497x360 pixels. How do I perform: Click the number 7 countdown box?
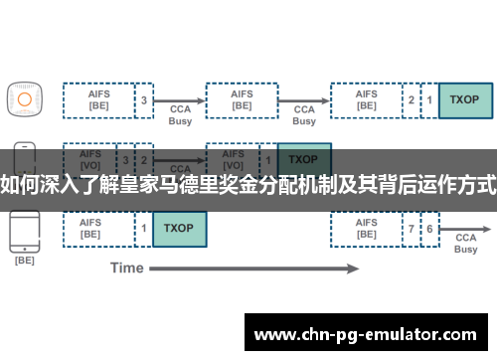coord(411,229)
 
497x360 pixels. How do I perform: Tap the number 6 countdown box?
coord(429,229)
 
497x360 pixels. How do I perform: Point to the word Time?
coord(126,268)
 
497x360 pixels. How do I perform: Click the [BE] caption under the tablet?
coord(24,260)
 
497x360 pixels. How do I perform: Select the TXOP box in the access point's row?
coord(464,99)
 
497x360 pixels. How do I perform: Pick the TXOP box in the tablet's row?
coord(179,229)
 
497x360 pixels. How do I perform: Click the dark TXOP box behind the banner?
coord(304,159)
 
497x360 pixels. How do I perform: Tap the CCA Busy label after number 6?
coord(465,244)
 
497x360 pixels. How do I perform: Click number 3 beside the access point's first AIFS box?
coord(144,99)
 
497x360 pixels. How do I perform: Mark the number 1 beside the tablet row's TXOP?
coord(144,229)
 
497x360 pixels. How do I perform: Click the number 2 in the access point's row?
coord(411,99)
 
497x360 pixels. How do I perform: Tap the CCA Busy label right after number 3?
coord(180,114)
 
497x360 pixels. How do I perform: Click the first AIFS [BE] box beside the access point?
coord(98,99)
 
